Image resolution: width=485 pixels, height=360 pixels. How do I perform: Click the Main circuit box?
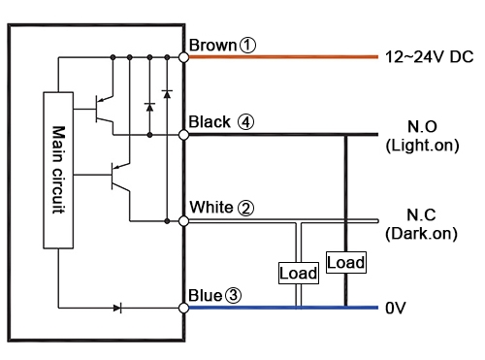coord(58,171)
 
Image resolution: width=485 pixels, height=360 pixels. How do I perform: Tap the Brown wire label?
coord(211,46)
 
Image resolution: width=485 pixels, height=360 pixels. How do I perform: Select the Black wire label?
coord(210,122)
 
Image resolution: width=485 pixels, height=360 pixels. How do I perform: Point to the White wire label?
coord(210,208)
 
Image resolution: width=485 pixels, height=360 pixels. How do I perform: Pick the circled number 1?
coord(248,46)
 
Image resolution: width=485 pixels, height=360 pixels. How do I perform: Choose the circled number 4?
coord(246,122)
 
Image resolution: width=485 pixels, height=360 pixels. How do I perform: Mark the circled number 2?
coord(246,208)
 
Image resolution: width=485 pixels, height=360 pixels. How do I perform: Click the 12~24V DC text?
coord(429,57)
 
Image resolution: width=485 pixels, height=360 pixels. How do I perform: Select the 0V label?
coord(395,308)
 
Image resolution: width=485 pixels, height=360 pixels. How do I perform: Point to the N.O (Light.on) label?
coord(414,136)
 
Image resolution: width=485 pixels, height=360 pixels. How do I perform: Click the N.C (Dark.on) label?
coord(414,223)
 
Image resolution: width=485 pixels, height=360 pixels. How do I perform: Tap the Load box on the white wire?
coord(298,273)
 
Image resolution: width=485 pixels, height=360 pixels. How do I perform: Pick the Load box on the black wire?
coord(346,262)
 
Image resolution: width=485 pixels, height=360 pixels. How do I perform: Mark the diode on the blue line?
coord(117,308)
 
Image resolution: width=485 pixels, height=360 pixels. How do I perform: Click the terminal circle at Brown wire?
coord(184,57)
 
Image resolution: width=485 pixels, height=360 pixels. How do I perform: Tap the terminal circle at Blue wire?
coord(184,308)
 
